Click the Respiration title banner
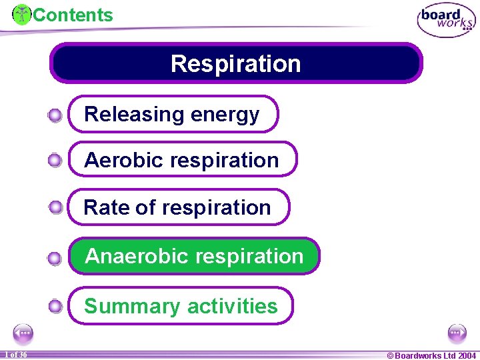pyautogui.click(x=236, y=63)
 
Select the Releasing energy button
pyautogui.click(x=173, y=114)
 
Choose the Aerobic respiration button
pyautogui.click(x=183, y=159)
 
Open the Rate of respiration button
pyautogui.click(x=179, y=207)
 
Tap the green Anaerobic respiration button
pyautogui.click(x=194, y=256)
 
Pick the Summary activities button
pyautogui.click(x=181, y=306)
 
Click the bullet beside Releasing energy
pyautogui.click(x=55, y=116)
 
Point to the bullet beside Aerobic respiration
pyautogui.click(x=55, y=160)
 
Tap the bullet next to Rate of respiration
pyautogui.click(x=55, y=207)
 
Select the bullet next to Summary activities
pyautogui.click(x=55, y=307)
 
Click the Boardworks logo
pyautogui.click(x=446, y=20)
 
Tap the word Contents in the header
pyautogui.click(x=73, y=15)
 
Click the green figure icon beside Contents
pyautogui.click(x=22, y=14)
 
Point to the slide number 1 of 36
pyautogui.click(x=15, y=355)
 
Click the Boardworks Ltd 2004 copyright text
pyautogui.click(x=431, y=355)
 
